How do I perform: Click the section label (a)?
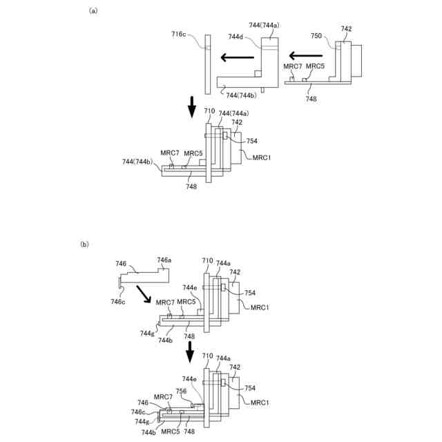pyautogui.click(x=92, y=11)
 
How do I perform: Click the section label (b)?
pyautogui.click(x=84, y=244)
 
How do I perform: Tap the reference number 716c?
pyautogui.click(x=179, y=34)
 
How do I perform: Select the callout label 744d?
pyautogui.click(x=236, y=37)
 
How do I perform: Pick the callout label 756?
pyautogui.click(x=182, y=391)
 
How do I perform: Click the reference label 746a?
pyautogui.click(x=164, y=260)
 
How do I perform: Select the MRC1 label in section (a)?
pyautogui.click(x=262, y=157)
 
